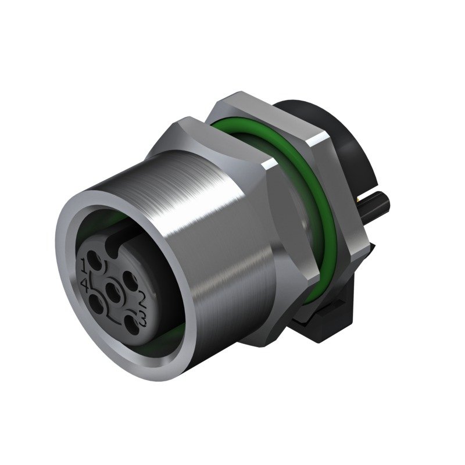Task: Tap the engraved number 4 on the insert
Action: (x=85, y=284)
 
